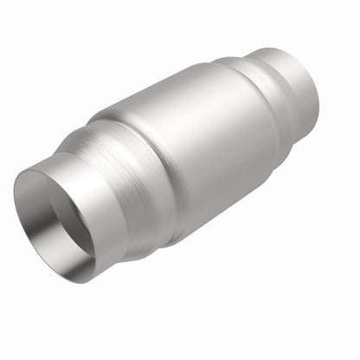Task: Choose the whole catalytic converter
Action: click(x=173, y=164)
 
